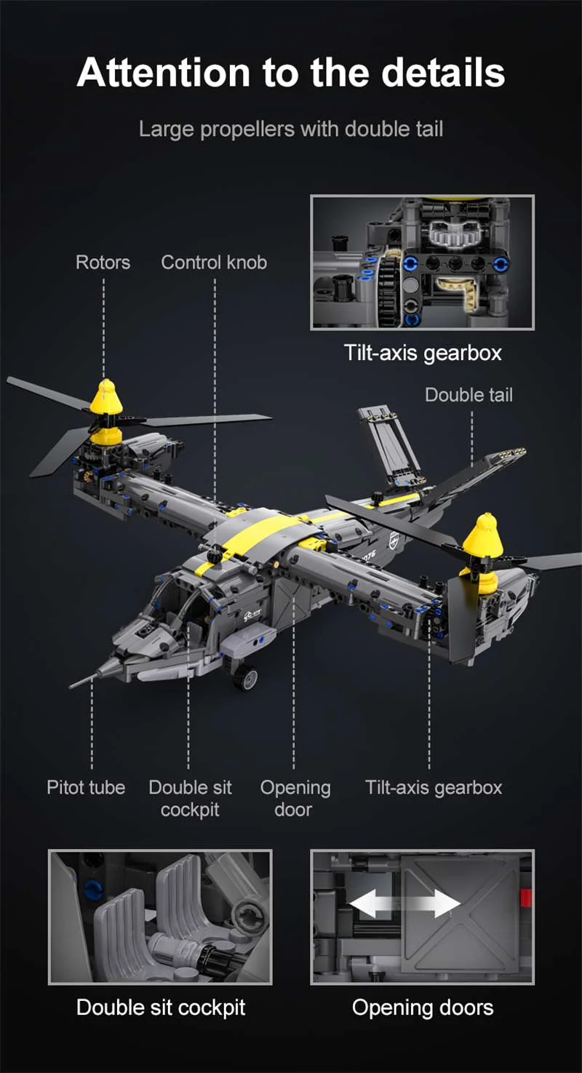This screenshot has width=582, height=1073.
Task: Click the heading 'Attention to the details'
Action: [x=291, y=73]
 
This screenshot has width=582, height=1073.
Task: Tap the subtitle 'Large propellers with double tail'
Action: [x=291, y=129]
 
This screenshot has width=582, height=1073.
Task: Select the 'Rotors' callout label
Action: [x=103, y=263]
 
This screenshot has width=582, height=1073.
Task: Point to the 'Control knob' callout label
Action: [x=214, y=263]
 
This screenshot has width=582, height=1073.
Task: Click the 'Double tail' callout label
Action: [x=469, y=395]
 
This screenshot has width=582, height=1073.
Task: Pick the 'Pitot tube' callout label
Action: [x=86, y=787]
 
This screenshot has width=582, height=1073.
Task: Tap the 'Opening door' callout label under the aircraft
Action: [x=295, y=798]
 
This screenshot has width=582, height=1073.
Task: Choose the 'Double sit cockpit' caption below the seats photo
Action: [x=161, y=1008]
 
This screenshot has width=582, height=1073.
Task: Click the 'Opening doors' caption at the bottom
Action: [x=423, y=1008]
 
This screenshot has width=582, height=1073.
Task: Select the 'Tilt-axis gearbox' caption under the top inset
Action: [x=423, y=354]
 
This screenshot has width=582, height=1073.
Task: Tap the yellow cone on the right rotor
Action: [x=479, y=535]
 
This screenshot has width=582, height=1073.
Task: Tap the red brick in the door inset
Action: [x=526, y=898]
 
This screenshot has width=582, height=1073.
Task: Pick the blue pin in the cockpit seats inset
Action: [x=93, y=888]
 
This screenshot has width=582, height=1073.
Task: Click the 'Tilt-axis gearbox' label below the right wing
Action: [x=434, y=787]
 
